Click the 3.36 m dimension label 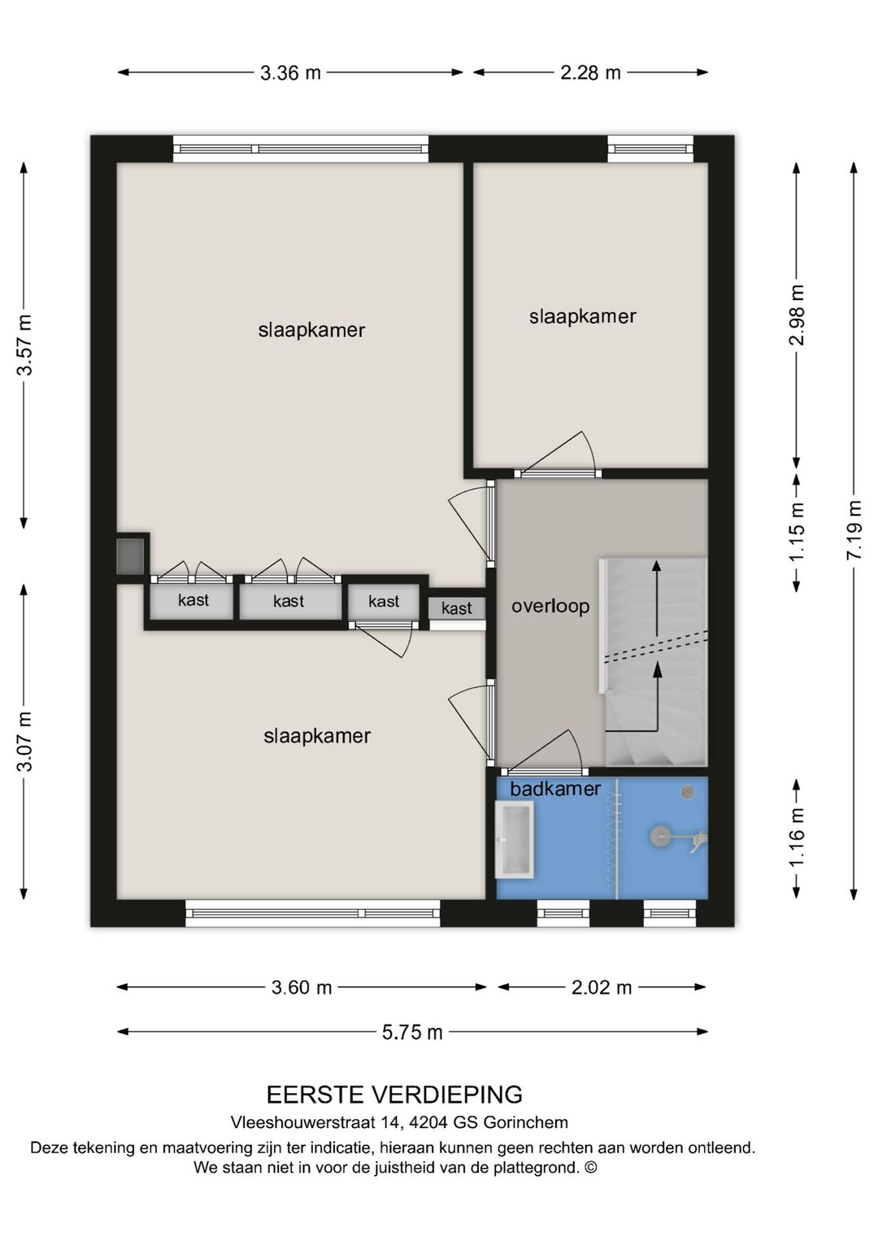pos(290,73)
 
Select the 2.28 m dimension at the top pos(590,73)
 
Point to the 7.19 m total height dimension pos(854,529)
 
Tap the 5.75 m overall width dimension pos(412,1032)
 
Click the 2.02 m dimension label pos(601,987)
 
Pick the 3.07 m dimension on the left pos(25,741)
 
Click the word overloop pos(550,606)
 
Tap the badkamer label pos(555,788)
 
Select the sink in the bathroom pos(515,839)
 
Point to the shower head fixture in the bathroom pos(661,836)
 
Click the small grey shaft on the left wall pos(130,555)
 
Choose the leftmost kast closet pos(193,601)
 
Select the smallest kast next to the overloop pos(456,608)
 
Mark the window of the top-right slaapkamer pos(650,149)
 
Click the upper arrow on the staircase pos(656,598)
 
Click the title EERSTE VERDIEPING pos(394,1095)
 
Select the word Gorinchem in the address pos(525,1123)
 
